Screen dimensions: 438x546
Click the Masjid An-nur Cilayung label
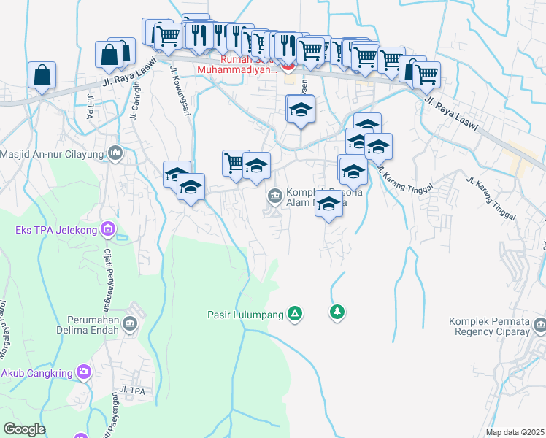(53, 153)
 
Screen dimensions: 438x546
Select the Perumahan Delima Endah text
(92, 325)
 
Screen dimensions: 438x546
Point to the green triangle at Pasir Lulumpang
(295, 314)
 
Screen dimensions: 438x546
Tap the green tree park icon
(337, 312)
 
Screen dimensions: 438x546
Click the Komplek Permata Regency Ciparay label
(496, 326)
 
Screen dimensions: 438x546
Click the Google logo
(24, 429)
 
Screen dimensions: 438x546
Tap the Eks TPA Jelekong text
(55, 231)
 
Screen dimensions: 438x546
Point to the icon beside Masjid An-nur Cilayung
(115, 153)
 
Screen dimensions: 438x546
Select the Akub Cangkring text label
(36, 373)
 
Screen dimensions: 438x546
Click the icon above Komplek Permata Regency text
(540, 323)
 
